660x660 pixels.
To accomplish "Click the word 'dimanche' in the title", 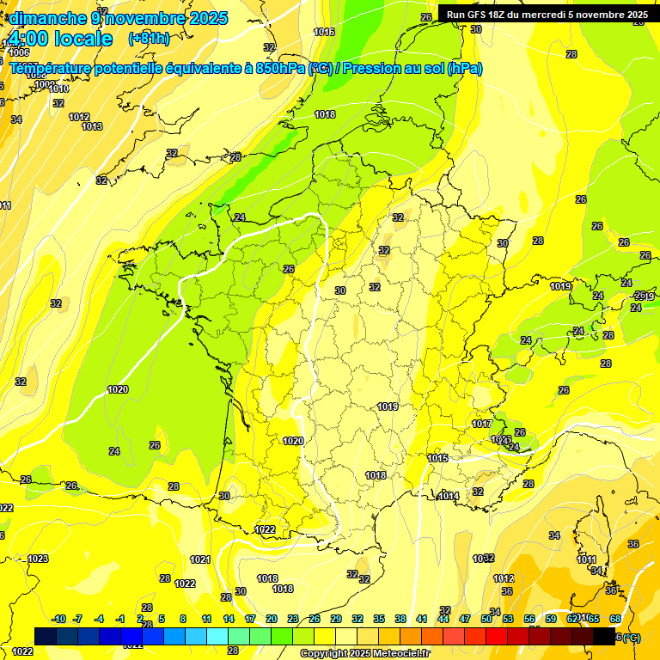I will pos(46,18).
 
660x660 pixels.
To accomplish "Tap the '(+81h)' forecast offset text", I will pos(149,39).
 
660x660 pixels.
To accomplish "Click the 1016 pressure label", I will pos(324,32).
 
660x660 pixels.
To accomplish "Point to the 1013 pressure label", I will pos(92,127).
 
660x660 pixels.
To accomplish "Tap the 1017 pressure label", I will pos(481,425).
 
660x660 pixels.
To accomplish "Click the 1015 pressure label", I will pos(437,459).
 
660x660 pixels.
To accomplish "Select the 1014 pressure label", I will pos(448,496).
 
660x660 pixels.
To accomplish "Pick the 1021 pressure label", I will pos(199,559).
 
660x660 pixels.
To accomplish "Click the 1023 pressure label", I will pos(38,559).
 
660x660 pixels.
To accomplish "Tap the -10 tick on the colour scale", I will pos(58,620).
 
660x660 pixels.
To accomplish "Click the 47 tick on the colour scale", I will pos(465,620).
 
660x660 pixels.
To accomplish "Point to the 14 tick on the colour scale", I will pos(229,620).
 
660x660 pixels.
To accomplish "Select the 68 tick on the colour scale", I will pos(615,620).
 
